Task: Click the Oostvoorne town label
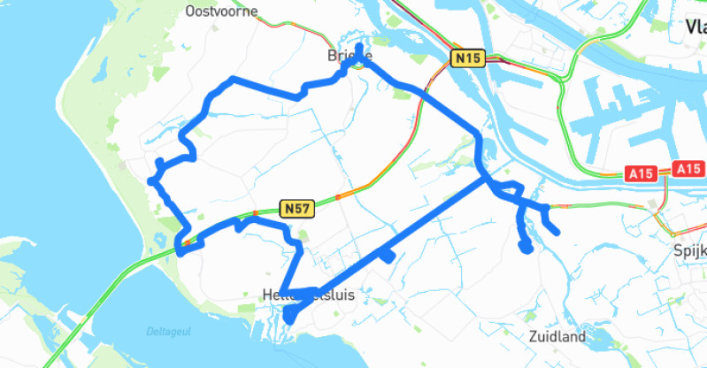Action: [x=222, y=11]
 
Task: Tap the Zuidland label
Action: [x=557, y=337]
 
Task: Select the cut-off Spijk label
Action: [x=688, y=249]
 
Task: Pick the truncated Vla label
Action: [x=695, y=27]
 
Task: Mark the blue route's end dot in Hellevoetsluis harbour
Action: [x=288, y=316]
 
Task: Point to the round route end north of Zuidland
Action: [x=526, y=248]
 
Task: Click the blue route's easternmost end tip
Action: [x=556, y=233]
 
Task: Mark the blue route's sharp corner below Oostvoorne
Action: [x=233, y=80]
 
